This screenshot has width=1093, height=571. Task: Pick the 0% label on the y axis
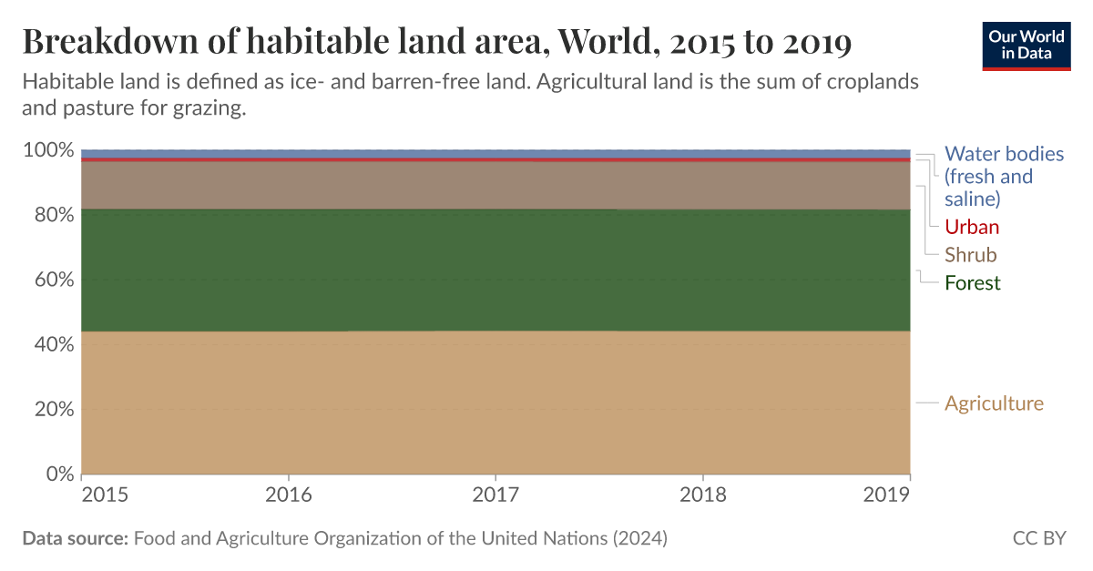[56, 474]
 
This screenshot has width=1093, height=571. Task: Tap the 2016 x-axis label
[289, 495]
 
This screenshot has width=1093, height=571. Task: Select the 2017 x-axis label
[495, 495]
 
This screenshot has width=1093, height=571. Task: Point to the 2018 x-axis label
[702, 495]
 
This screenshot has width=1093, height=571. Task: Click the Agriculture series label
[994, 403]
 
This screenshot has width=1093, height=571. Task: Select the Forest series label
[972, 283]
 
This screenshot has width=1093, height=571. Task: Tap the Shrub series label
[970, 255]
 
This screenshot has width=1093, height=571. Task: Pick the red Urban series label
[971, 227]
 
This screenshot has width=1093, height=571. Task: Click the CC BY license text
[1038, 538]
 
